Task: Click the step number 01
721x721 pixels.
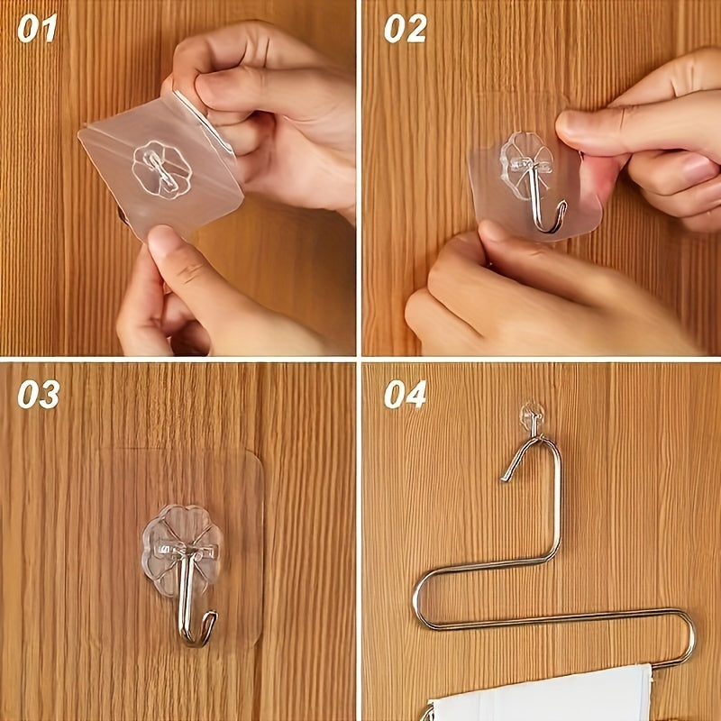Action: pyautogui.click(x=37, y=29)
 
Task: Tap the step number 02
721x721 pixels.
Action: pyautogui.click(x=405, y=29)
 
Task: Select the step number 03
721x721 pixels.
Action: pyautogui.click(x=38, y=394)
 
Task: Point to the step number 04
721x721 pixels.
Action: pyautogui.click(x=405, y=394)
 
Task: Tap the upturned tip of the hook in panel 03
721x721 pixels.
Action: pyautogui.click(x=213, y=618)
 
